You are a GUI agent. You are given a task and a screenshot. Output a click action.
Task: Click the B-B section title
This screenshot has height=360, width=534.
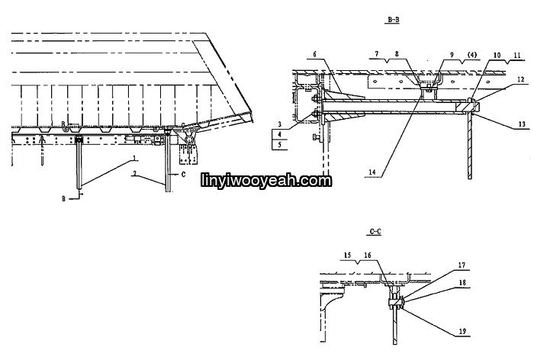pos(394,20)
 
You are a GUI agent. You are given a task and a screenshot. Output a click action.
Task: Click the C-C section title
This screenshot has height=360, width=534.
pos(375,232)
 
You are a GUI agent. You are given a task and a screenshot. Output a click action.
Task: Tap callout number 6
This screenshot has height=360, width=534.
pos(314,54)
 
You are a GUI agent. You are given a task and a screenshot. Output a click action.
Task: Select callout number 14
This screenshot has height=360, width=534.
pos(372,172)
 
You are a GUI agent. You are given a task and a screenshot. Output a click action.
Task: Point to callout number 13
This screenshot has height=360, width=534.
pos(522,124)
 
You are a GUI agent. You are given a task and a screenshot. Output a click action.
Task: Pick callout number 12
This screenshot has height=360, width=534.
pos(521,79)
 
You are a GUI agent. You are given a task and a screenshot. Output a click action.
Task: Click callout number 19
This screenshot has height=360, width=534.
pos(462,331)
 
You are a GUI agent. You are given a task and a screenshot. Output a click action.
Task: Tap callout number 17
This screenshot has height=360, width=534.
pos(462,265)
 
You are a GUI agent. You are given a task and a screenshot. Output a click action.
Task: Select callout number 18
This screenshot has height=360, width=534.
pos(462,283)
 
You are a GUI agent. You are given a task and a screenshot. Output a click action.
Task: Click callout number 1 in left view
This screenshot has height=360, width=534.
pos(135,158)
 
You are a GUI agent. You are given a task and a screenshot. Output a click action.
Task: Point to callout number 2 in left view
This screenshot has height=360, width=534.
pos(135,173)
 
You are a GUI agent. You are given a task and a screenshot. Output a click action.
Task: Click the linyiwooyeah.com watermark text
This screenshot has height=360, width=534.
pos(266,181)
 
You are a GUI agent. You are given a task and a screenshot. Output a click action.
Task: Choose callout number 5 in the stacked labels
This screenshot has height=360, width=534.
pos(280,145)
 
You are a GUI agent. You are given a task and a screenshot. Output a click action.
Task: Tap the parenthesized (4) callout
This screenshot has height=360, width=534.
pos(472,54)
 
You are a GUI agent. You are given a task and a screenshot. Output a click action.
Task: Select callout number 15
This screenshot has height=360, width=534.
pos(347,255)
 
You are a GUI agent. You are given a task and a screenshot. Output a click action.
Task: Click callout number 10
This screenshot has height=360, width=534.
pos(497,55)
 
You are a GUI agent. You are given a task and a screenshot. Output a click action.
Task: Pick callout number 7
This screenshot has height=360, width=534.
pos(377,54)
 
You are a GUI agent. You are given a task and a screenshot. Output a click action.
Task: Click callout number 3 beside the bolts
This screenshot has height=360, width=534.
pos(280,125)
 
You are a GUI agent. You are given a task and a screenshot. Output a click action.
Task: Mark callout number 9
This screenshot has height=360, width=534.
pos(452,54)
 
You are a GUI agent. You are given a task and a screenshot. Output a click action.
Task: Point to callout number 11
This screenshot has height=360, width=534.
pos(517,55)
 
